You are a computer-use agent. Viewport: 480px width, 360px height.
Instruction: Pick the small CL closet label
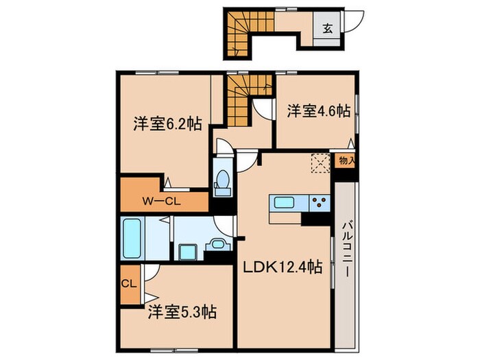point(128,281)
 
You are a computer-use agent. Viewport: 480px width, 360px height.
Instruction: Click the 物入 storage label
point(346,161)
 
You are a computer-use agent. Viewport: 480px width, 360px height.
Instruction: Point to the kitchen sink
point(283,202)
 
